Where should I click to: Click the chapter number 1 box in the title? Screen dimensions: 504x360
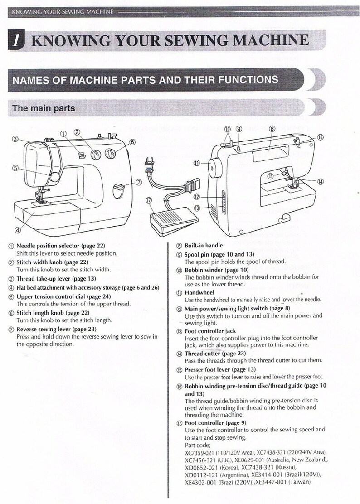click(17, 40)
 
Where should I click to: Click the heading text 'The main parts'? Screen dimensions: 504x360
click(44, 108)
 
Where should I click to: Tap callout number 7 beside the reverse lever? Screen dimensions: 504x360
click(139, 183)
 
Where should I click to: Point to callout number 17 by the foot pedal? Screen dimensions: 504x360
click(148, 200)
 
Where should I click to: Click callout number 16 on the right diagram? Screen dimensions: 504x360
click(320, 137)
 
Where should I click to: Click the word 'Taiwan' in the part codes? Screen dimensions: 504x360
click(299, 482)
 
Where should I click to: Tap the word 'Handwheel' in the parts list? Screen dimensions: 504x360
click(199, 293)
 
